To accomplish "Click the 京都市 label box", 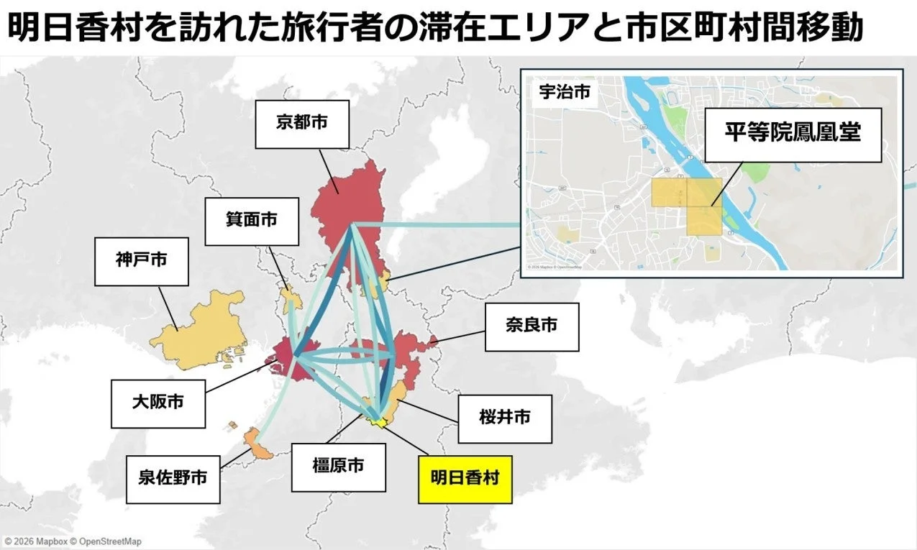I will (301, 124).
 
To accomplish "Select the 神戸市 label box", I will (141, 261).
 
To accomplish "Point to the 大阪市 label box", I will (158, 403).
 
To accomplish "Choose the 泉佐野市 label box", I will (173, 477).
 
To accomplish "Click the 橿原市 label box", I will (338, 467).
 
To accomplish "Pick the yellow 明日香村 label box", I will (465, 479).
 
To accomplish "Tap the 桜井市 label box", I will (505, 418).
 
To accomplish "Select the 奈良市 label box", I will (532, 326).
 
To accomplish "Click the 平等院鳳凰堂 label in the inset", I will (792, 134).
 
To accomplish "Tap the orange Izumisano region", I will (258, 446).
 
